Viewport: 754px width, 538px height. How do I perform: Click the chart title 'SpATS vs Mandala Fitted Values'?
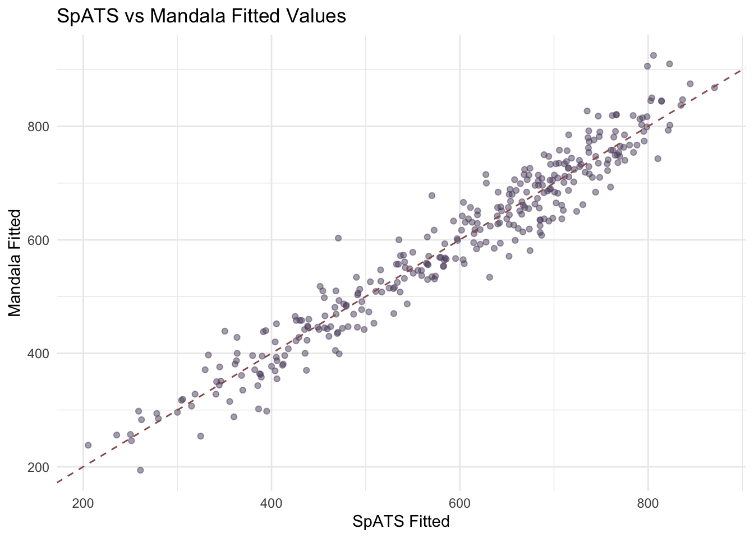(201, 16)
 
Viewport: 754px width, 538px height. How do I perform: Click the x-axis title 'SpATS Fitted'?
(401, 522)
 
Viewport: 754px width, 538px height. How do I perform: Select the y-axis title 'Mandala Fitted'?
(15, 263)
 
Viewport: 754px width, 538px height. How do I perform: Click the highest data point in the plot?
(653, 55)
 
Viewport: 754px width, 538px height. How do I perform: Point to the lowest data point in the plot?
(140, 470)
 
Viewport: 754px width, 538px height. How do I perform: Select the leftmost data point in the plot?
(88, 445)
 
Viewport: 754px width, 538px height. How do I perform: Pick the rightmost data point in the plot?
(714, 87)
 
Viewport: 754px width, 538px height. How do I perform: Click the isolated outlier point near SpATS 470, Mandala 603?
(338, 238)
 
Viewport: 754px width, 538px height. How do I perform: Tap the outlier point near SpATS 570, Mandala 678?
(432, 196)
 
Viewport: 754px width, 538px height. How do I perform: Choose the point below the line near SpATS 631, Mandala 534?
(489, 277)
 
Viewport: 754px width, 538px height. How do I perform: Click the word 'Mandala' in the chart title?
(186, 16)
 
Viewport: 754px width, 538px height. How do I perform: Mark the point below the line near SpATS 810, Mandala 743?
(658, 159)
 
